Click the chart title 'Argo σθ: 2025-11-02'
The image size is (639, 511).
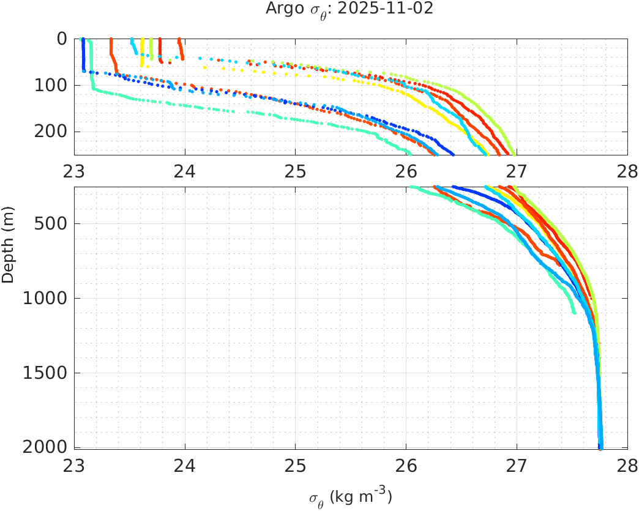350,9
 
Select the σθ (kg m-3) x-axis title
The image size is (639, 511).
350,497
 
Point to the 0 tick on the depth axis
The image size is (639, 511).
61,39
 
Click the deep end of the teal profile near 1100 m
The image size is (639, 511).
574,312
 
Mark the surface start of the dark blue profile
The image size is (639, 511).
83,39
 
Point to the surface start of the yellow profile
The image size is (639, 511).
142,39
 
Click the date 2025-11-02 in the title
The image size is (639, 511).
397,9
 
